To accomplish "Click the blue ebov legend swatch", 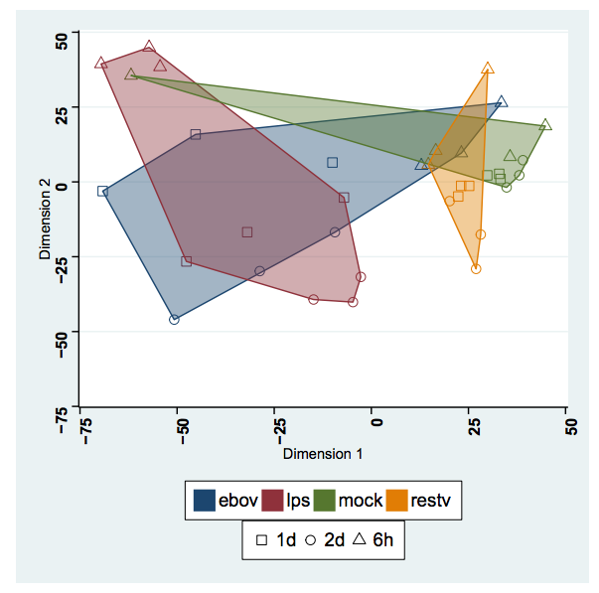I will (x=205, y=500).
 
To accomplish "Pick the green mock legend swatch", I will (x=324, y=500).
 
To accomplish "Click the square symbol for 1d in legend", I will (x=261, y=541).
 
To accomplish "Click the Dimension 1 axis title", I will (x=323, y=454).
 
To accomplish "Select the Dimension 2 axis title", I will (x=45, y=222).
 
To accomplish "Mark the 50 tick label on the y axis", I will (x=62, y=40).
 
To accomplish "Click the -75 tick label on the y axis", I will (x=62, y=407).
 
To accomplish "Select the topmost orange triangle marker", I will (x=488, y=69).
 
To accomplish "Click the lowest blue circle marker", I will (x=175, y=320).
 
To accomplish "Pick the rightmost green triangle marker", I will (x=545, y=125).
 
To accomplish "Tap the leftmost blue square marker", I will (x=102, y=191).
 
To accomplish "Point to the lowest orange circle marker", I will (x=476, y=269).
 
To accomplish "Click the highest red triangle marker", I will (x=149, y=46).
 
